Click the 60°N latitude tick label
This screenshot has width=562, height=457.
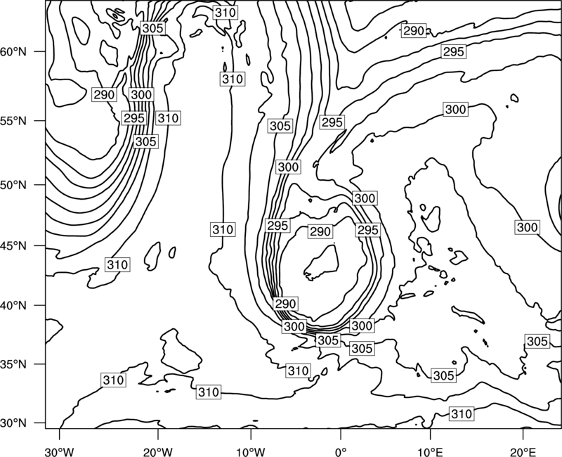coord(13,52)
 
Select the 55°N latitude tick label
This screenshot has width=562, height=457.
coord(13,121)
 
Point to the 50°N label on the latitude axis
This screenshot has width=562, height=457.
coord(13,185)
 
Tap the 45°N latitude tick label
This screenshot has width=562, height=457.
coord(13,246)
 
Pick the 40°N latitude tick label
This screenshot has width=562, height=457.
coord(13,306)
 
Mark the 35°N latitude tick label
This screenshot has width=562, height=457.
coord(13,364)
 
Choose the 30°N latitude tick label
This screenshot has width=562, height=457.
coord(13,423)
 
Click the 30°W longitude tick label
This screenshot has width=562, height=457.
coord(60,451)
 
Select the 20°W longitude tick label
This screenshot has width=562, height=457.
coord(157,451)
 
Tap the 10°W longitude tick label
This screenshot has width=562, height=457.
coord(251,451)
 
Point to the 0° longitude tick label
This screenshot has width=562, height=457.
coord(341,451)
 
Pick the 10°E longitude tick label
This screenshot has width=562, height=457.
coord(430,451)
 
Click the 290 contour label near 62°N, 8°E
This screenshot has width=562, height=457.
coord(414,31)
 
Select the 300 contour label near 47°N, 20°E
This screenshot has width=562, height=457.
coord(528,227)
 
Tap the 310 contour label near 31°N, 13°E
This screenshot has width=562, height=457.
coord(462,414)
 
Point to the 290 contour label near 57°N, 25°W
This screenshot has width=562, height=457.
coord(104,95)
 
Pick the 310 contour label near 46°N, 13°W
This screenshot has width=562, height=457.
coord(223,229)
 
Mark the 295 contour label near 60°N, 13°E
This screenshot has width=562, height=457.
coord(454,51)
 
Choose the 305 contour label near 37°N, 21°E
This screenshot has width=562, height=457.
coord(537,341)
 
